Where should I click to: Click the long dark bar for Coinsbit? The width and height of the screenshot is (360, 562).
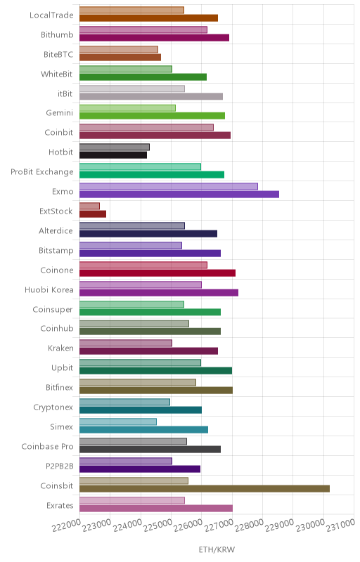click(x=205, y=488)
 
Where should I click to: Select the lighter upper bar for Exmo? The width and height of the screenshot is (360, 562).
click(x=169, y=186)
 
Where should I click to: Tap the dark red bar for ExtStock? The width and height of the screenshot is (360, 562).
click(x=93, y=214)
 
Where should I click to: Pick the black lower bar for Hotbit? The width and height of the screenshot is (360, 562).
click(x=113, y=155)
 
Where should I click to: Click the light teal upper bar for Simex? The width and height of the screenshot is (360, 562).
click(x=118, y=421)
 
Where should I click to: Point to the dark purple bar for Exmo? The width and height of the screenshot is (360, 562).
click(x=179, y=195)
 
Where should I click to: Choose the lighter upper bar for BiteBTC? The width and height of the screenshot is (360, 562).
click(x=119, y=49)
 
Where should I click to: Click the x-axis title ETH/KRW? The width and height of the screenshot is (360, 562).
click(x=217, y=549)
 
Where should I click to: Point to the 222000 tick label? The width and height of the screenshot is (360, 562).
click(x=66, y=525)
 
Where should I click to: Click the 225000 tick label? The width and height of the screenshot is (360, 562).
click(x=157, y=525)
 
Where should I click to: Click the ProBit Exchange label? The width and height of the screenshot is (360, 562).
click(x=42, y=172)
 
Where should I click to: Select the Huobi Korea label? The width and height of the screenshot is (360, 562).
click(x=49, y=289)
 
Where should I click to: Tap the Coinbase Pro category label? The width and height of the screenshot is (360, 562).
click(x=47, y=447)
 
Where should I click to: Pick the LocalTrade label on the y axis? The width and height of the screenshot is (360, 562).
click(x=51, y=15)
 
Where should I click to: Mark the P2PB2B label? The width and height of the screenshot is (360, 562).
click(x=60, y=466)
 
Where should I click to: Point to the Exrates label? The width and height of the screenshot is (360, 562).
click(x=60, y=505)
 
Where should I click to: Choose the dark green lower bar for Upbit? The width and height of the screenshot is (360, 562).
click(x=155, y=371)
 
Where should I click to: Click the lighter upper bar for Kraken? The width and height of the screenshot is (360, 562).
click(x=126, y=343)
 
